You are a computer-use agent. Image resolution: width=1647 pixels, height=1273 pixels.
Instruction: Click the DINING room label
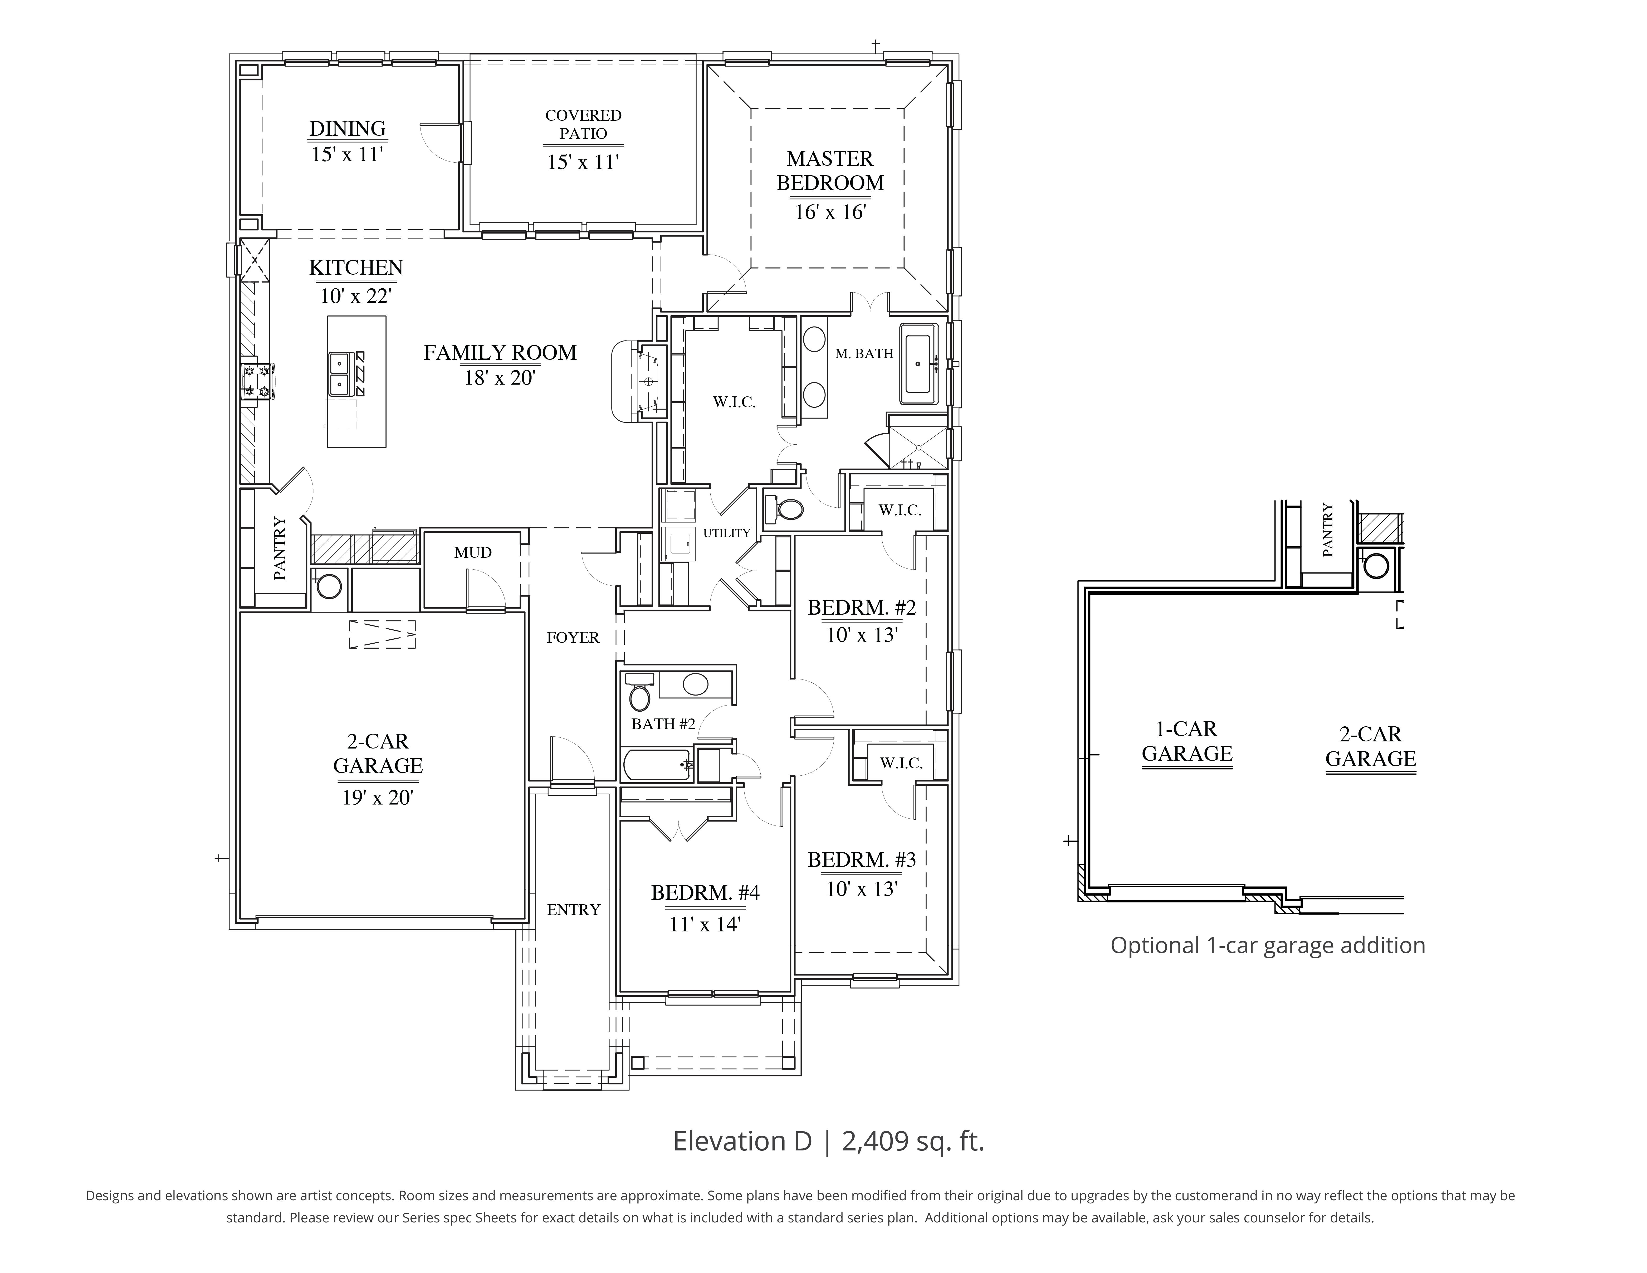(x=348, y=129)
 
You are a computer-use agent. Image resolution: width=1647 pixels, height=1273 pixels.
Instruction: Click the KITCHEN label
(x=356, y=268)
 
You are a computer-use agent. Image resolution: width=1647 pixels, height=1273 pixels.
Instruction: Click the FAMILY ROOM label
(x=500, y=353)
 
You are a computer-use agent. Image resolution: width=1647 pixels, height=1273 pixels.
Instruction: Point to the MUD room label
(x=473, y=553)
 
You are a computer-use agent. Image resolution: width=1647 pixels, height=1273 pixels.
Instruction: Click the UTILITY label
(x=726, y=533)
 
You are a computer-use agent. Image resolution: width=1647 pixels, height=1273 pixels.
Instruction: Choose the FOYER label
(x=573, y=638)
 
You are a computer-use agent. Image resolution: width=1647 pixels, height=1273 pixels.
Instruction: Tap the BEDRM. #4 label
(x=705, y=893)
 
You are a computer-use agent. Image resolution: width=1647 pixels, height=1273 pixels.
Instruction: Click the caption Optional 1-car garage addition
(x=1268, y=946)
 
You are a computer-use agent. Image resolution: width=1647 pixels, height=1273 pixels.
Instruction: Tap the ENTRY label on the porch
(x=573, y=910)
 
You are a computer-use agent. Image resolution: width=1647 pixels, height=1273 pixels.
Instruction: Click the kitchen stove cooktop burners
(x=256, y=381)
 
